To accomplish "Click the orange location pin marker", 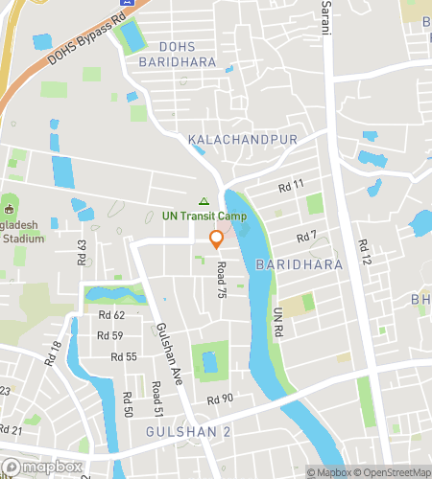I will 217,239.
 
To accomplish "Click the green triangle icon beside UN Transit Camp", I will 203,200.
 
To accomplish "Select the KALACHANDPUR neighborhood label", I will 242,140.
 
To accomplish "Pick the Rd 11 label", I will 291,184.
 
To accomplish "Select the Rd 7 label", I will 306,236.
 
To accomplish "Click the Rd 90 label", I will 220,399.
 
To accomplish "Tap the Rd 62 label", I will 111,315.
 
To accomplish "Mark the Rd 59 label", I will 110,335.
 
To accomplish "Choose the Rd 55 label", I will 125,356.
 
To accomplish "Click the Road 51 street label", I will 156,397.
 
